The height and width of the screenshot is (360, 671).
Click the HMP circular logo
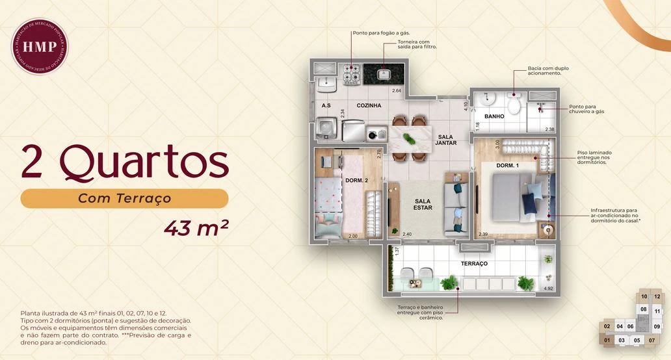(40, 45)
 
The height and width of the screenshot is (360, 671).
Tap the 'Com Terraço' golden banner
(124, 198)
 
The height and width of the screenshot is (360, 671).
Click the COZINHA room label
(369, 105)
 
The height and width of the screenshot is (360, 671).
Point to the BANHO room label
(495, 117)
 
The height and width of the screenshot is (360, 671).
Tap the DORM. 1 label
(507, 166)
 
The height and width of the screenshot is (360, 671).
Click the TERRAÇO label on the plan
(474, 264)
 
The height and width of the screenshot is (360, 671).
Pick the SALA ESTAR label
(423, 205)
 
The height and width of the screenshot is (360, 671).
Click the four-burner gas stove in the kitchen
(352, 73)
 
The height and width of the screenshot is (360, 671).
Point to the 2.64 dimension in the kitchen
(396, 90)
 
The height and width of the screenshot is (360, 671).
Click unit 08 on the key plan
(644, 309)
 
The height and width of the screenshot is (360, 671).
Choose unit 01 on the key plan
(607, 340)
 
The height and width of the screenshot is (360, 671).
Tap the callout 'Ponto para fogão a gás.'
(381, 32)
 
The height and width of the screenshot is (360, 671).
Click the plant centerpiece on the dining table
(408, 138)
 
